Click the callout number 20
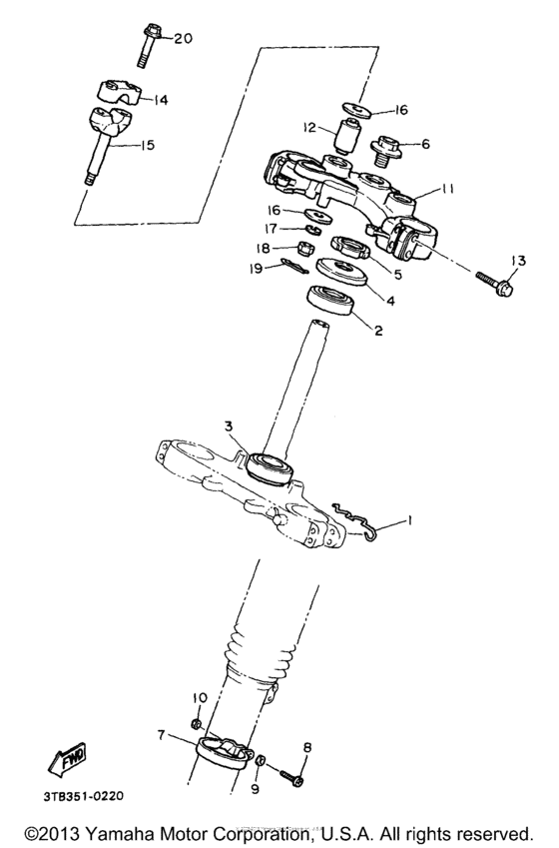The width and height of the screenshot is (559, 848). (183, 39)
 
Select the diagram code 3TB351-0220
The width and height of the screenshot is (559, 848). (84, 796)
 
